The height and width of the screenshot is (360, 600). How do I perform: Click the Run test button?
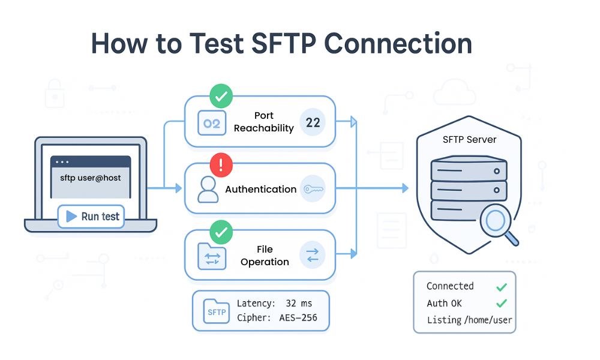coord(91,217)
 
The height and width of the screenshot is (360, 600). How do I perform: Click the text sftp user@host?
coord(90,178)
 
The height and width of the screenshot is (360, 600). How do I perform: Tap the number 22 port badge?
coord(313,123)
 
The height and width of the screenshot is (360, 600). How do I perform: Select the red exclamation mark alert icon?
coord(221,164)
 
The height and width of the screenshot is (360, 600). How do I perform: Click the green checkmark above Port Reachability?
coord(221,96)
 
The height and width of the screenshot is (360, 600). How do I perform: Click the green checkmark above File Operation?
coord(221,231)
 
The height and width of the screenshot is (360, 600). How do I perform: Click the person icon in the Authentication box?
coord(208,189)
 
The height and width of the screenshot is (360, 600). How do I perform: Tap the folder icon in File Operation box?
coord(211,257)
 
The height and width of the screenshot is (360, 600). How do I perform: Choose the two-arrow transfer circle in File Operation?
coord(313,255)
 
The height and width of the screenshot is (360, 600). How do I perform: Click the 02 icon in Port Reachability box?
coord(212,124)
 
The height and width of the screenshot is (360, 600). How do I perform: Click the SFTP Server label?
coord(469,139)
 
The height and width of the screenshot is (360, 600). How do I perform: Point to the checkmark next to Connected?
coord(502,287)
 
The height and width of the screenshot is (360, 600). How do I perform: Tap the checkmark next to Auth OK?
coord(502,304)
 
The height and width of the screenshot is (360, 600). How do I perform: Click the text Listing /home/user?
coord(469,320)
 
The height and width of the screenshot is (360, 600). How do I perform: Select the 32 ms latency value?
coord(299,304)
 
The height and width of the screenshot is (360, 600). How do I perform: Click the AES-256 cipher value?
coord(298,318)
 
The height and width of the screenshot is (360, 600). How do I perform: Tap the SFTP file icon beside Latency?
coord(217,311)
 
